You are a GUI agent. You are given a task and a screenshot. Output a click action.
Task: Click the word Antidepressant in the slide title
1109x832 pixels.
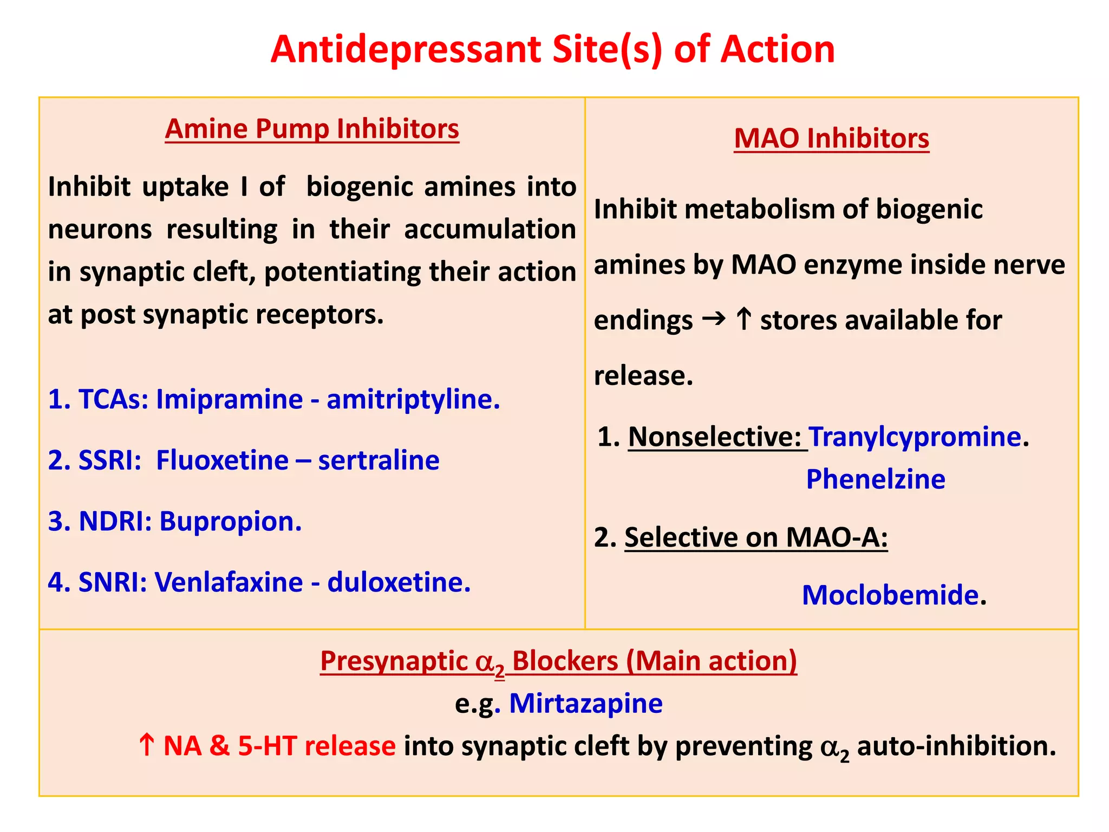[x=406, y=50]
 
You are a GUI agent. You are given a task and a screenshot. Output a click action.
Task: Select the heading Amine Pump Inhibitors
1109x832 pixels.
[x=312, y=129]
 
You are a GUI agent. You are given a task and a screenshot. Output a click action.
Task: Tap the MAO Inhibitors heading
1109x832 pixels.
[x=831, y=138]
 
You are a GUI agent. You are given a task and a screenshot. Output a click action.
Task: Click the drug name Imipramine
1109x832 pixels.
[x=229, y=400]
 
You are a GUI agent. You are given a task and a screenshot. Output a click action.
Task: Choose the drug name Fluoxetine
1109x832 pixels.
[x=222, y=460]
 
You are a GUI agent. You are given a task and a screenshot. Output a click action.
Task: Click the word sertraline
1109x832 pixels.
[x=379, y=460]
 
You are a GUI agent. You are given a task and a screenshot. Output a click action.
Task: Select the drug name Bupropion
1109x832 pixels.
[x=230, y=522]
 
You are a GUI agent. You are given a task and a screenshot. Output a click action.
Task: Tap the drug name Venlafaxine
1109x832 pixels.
[x=229, y=582]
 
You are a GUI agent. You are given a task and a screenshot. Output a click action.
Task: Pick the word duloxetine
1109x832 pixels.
[x=399, y=582]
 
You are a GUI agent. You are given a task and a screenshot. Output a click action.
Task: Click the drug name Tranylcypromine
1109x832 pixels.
[x=915, y=437]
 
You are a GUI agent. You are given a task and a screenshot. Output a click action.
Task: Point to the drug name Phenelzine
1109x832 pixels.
[x=876, y=479]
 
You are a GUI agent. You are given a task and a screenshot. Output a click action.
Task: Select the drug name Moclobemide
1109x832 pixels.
[x=890, y=595]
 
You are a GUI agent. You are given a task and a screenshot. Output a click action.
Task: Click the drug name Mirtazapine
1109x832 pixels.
[x=586, y=704]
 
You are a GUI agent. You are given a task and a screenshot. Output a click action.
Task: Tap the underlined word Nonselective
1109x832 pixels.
[x=714, y=437]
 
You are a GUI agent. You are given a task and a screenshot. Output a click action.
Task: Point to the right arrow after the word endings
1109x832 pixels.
[x=714, y=319]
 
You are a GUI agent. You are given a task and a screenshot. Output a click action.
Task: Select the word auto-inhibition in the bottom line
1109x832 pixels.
[x=956, y=746]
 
